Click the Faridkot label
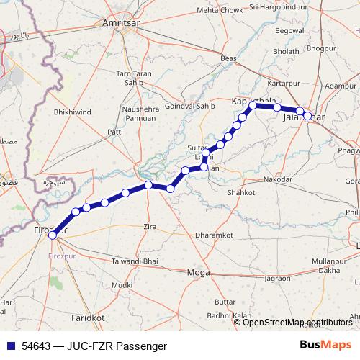pos(89,317)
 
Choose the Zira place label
pos(150,227)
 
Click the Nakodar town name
pos(278,179)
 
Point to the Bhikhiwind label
pos(73,113)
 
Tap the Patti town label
pos(115,132)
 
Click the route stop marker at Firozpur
pos(52,235)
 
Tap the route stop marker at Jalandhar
pos(307,115)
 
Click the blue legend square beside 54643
pos(10,346)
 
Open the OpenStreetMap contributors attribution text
pos(297,323)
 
